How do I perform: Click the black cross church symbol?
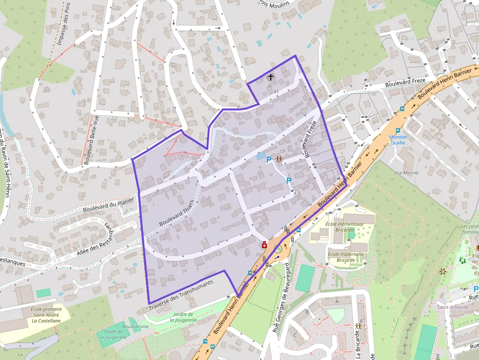click(271, 77)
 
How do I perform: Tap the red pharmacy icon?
click(264, 245)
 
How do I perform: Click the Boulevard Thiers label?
click(177, 213)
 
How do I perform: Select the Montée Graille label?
click(397, 140)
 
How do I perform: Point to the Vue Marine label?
click(406, 173)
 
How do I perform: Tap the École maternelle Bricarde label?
click(346, 257)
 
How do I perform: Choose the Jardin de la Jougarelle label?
click(184, 317)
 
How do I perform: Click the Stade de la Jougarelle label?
click(113, 334)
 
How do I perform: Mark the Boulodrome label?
click(135, 326)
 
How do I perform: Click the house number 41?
click(276, 92)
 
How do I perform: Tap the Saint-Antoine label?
click(452, 307)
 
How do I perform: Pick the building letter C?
click(295, 335)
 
